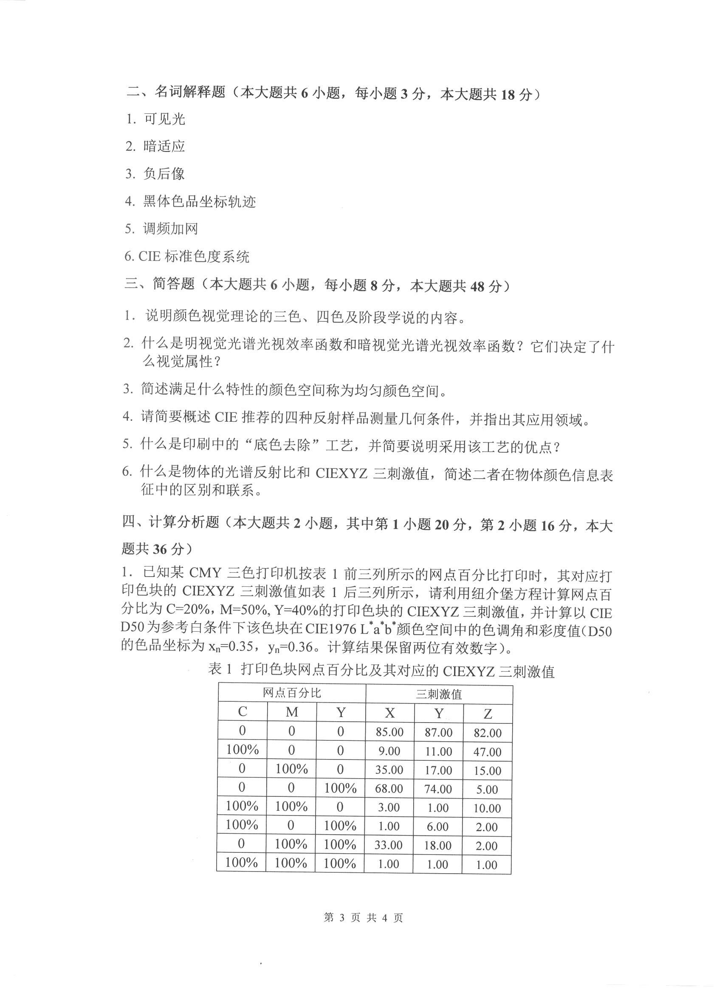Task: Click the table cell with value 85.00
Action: point(389,732)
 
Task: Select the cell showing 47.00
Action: point(487,752)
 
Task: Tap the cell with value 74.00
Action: point(438,789)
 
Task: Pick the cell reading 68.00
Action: point(389,788)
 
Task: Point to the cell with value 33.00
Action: point(388,845)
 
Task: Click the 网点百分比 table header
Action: point(292,693)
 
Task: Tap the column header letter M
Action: point(292,712)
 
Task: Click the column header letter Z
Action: point(488,714)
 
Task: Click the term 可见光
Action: point(164,119)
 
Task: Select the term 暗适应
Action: point(164,146)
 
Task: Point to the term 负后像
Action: point(164,174)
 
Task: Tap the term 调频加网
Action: point(170,228)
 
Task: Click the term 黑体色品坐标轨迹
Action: point(199,201)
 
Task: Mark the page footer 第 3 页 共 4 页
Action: point(363,917)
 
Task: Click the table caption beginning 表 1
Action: point(381,671)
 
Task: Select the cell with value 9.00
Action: point(389,751)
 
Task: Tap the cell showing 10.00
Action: point(487,808)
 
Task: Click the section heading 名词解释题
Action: point(189,92)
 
